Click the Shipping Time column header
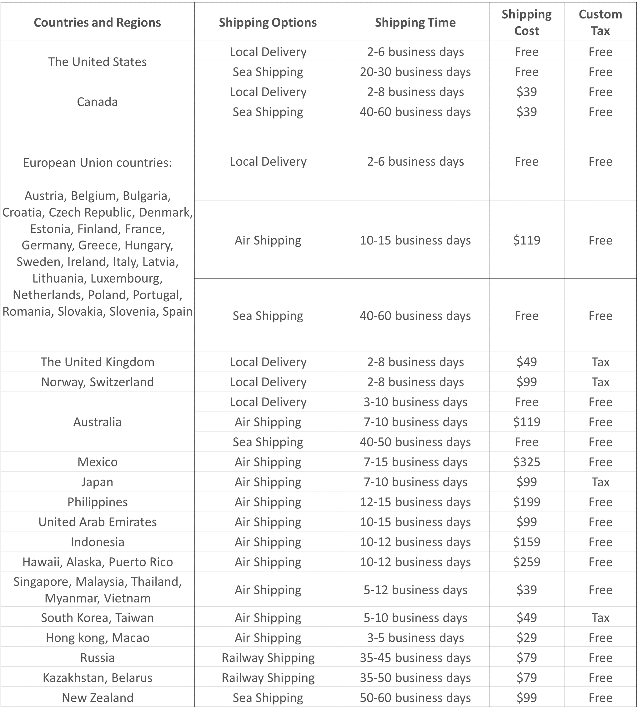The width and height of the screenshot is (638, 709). [x=415, y=23]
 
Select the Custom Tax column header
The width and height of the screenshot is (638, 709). [x=600, y=23]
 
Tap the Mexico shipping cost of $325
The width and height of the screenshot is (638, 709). [x=526, y=462]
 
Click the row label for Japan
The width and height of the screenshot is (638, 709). [x=97, y=482]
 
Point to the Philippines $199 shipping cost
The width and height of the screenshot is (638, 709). [x=526, y=502]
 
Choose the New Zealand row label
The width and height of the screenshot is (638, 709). [x=98, y=697]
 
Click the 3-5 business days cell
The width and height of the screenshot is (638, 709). [x=415, y=637]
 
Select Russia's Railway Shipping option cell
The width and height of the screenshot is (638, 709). [x=268, y=657]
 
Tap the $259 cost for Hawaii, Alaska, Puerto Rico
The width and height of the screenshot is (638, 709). [x=526, y=562]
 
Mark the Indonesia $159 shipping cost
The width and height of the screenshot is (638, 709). [x=526, y=542]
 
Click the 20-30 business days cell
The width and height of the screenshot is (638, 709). [x=415, y=72]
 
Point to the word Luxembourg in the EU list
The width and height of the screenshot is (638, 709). [x=127, y=278]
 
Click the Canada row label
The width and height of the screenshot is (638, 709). [x=97, y=102]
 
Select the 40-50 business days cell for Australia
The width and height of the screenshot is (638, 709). [x=415, y=442]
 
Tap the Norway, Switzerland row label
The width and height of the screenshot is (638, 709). [x=98, y=382]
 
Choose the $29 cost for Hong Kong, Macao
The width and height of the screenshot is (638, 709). [x=526, y=637]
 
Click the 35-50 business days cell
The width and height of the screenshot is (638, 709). [x=415, y=677]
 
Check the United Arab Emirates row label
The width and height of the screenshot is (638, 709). [x=98, y=522]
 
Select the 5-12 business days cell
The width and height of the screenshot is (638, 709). [x=415, y=590]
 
